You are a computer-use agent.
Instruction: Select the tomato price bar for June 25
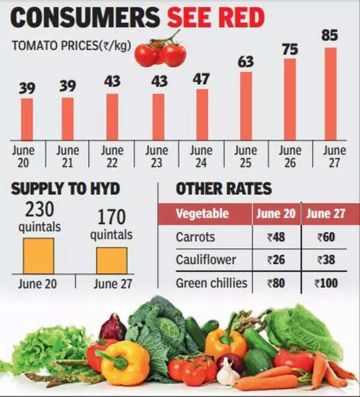pos(246,106)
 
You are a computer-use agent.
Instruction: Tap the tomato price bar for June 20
pos(27,119)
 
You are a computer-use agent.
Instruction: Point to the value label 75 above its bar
pos(290,49)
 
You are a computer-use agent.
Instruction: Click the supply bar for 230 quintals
pos(38,255)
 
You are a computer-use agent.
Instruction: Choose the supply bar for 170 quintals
pos(112,260)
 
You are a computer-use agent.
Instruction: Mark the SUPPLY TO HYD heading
pos(65,190)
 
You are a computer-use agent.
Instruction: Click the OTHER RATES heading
pos(223,190)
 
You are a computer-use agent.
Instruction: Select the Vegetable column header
pos(202,213)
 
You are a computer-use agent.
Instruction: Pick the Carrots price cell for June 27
pos(328,237)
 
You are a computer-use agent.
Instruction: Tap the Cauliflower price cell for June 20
pos(275,260)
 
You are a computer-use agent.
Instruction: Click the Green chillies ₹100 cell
pos(328,283)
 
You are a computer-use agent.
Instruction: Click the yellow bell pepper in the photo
pos(127,362)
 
